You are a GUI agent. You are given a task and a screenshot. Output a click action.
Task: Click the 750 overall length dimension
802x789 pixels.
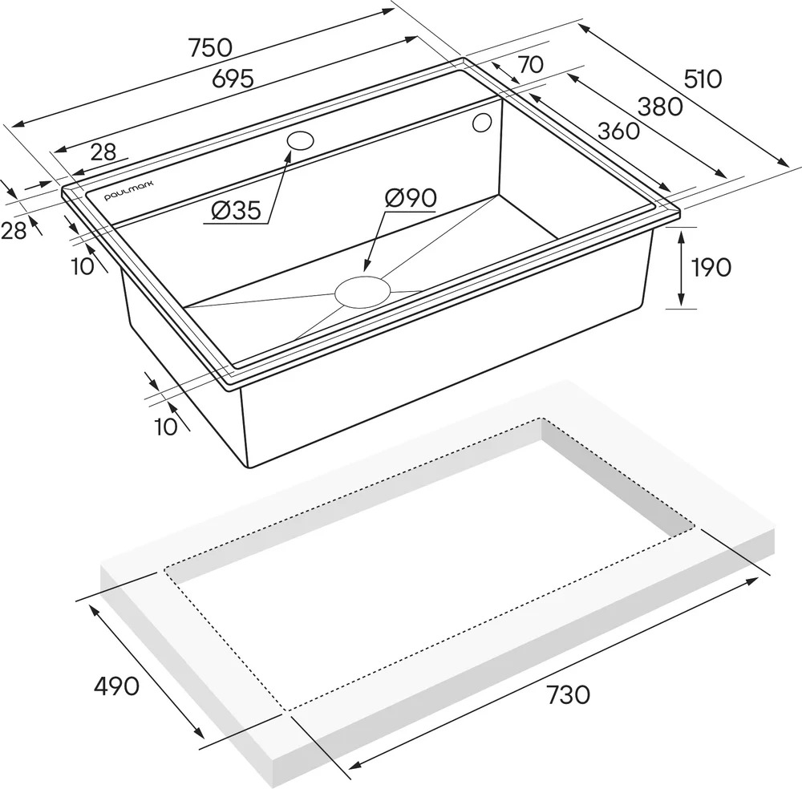(211, 47)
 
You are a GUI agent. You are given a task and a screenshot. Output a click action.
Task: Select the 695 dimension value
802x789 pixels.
(233, 79)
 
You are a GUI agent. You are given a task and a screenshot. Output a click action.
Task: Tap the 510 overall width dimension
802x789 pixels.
(703, 79)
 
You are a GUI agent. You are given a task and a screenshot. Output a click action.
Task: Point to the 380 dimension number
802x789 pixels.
(660, 107)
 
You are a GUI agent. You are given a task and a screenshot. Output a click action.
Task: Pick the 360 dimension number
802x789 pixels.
(618, 131)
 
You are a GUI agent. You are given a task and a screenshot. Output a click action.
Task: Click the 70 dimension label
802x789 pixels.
(531, 65)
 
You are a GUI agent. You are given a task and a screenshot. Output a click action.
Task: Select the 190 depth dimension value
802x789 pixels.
(711, 267)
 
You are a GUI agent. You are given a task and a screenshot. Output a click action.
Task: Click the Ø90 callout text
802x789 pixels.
(411, 198)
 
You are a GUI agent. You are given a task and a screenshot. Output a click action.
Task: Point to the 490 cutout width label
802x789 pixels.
(116, 686)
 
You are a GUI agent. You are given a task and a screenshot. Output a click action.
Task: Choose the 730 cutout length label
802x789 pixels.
(569, 694)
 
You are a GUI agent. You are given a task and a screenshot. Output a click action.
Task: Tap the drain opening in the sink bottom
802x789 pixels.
(363, 293)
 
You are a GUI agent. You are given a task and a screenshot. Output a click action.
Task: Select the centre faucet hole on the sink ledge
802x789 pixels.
(300, 140)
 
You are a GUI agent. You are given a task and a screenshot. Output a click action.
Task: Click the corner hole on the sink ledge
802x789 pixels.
(482, 123)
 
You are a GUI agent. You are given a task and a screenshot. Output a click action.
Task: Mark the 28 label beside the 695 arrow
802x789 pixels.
(103, 152)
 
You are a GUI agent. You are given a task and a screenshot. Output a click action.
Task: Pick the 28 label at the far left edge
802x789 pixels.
(14, 232)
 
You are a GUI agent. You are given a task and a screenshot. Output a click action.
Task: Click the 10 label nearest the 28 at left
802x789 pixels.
(83, 266)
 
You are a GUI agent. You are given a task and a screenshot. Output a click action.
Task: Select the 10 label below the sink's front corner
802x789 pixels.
(166, 427)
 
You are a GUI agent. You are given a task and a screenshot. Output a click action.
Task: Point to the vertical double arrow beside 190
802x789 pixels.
(681, 268)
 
